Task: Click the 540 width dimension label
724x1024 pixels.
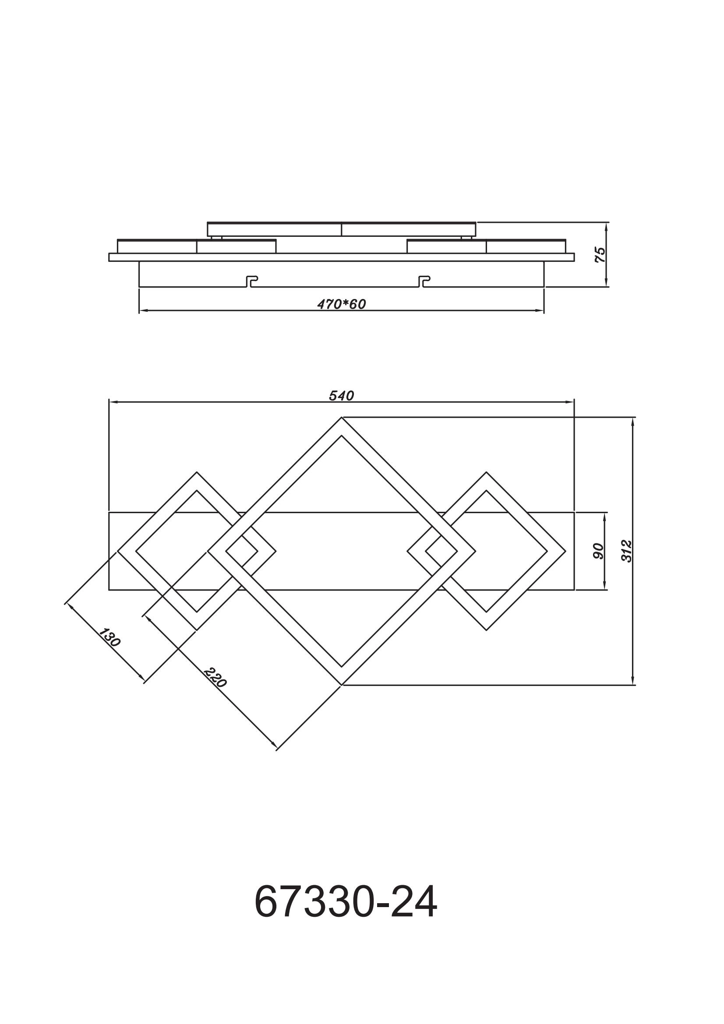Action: [341, 396]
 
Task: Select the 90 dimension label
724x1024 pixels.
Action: [598, 551]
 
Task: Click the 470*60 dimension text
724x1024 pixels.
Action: [341, 304]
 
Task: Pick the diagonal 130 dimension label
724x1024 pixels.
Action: [109, 637]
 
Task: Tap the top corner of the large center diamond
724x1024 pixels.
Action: [342, 418]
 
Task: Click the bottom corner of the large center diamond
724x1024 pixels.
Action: [342, 685]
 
